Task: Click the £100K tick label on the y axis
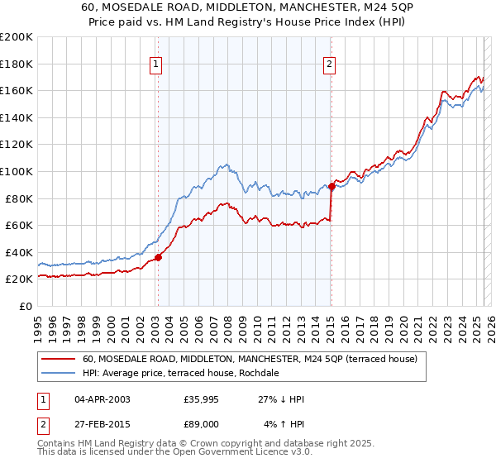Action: tap(16, 171)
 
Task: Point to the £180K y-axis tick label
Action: tap(16, 64)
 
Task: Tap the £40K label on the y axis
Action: tap(18, 252)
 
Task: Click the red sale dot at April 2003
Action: tap(158, 257)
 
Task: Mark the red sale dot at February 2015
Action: tap(331, 186)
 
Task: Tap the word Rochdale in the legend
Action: tap(260, 374)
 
